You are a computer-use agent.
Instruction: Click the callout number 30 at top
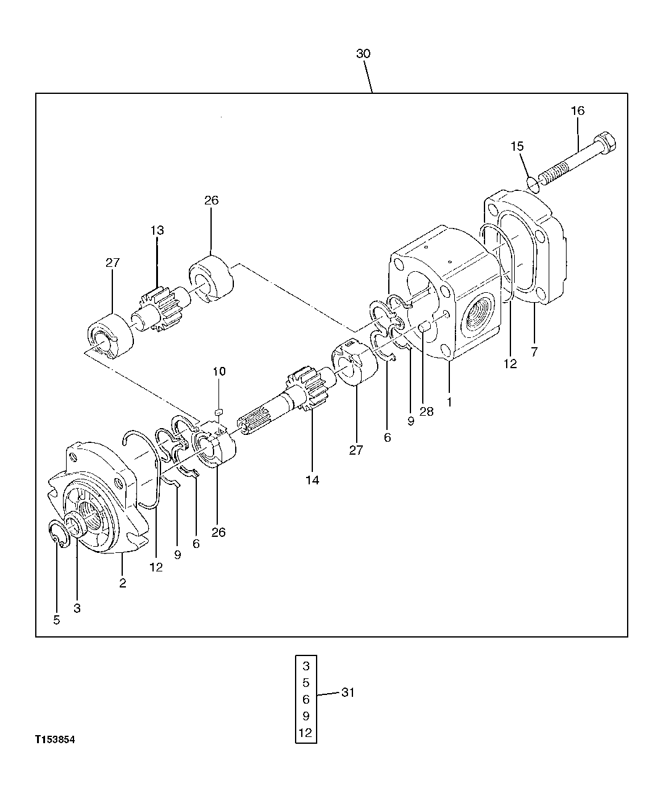[363, 54]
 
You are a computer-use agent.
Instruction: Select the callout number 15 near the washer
[517, 146]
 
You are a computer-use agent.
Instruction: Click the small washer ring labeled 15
[533, 182]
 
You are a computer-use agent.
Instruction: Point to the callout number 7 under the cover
[534, 352]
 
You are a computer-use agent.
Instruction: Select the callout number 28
[426, 411]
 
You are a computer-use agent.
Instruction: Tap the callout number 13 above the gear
[157, 230]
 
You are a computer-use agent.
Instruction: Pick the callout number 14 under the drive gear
[312, 480]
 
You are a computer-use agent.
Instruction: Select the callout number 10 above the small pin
[219, 371]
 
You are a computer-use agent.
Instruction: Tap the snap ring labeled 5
[57, 534]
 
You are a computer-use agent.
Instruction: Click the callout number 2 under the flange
[123, 583]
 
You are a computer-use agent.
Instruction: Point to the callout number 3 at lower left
[77, 608]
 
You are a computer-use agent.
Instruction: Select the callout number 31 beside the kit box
[347, 693]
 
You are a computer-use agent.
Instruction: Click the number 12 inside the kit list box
[306, 733]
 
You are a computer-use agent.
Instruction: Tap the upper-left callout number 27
[112, 263]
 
